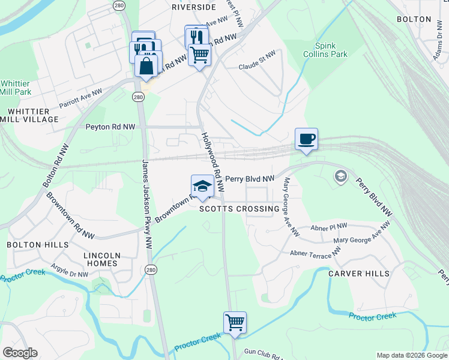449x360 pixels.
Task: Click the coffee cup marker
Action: (306, 140)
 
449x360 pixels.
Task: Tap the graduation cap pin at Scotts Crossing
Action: (203, 186)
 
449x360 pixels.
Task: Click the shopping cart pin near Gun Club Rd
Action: (235, 322)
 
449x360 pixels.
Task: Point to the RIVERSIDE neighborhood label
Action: (193, 7)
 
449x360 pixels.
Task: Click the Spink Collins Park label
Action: (331, 50)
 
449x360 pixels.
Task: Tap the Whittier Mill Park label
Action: (16, 88)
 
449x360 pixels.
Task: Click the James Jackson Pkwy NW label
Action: (146, 204)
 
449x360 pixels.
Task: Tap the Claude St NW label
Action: (257, 68)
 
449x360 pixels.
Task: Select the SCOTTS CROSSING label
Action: (239, 209)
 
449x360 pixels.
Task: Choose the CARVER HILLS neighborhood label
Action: (358, 274)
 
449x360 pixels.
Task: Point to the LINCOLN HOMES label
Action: (102, 260)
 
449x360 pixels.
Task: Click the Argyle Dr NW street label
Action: (70, 270)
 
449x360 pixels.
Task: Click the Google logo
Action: (20, 353)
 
